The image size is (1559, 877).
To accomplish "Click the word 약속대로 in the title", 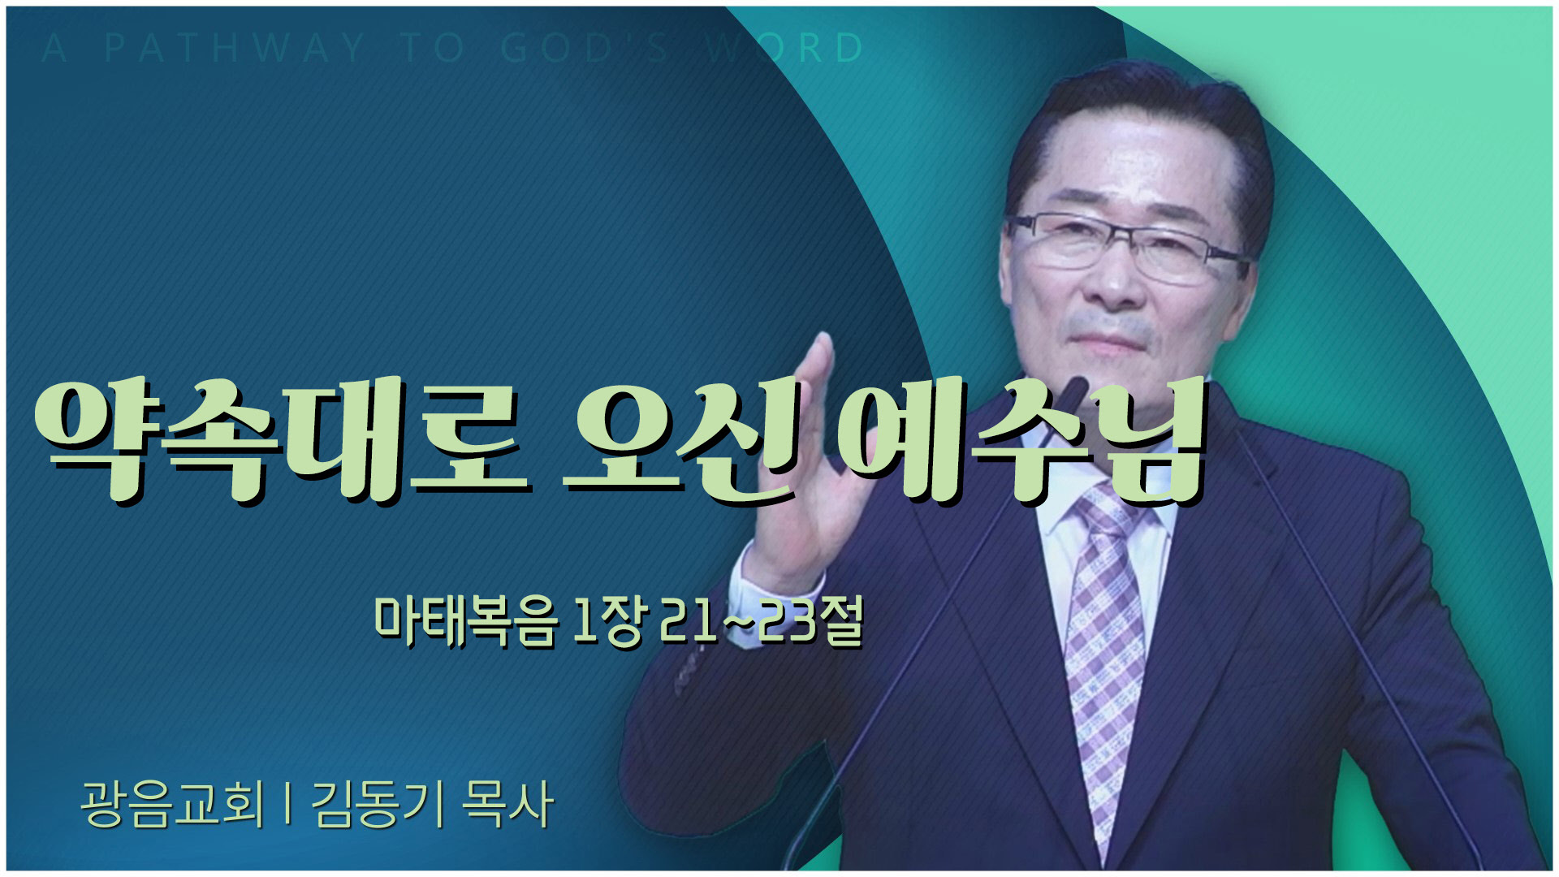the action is [280, 440].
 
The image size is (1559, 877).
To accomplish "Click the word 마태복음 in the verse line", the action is [466, 622].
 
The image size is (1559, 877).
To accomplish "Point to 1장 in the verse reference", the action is [609, 622].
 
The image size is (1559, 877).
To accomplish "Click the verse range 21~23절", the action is [762, 622].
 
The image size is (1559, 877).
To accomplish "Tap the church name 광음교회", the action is [173, 804].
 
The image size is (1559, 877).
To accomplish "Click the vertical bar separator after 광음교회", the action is [288, 804].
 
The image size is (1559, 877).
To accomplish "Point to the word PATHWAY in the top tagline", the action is [235, 49].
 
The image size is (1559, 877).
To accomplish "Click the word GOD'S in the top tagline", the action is [585, 49].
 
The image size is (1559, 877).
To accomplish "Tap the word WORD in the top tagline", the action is [784, 49].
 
